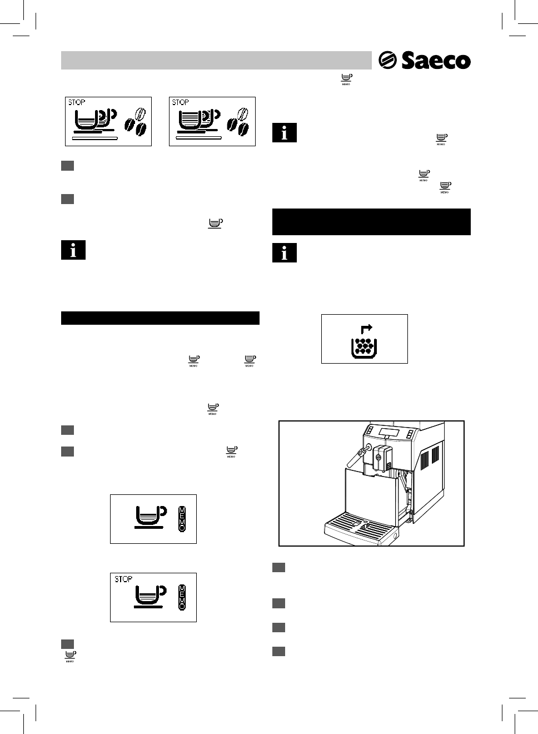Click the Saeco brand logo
click(425, 60)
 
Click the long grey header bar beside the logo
click(216, 60)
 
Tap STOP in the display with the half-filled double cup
click(77, 102)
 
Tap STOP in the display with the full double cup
click(181, 102)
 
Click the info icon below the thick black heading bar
click(285, 253)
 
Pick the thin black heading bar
click(160, 318)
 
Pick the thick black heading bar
click(371, 222)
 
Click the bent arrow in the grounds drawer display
click(366, 329)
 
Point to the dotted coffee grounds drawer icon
click(365, 347)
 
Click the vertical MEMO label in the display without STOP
click(182, 518)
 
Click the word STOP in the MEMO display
click(123, 579)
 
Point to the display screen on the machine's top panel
click(390, 433)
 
